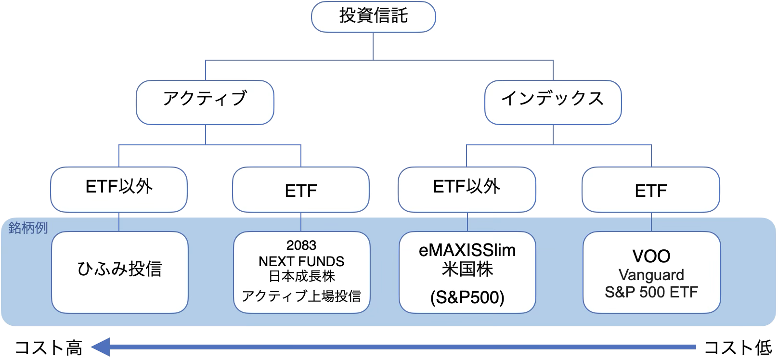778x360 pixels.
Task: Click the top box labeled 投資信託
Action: coord(374,17)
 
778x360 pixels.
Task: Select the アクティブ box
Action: coord(205,103)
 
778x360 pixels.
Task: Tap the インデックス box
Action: coord(553,103)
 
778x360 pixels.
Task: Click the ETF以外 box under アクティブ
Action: coord(119,190)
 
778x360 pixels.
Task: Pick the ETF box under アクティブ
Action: coord(301,190)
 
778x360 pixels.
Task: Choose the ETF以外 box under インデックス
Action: coord(467,190)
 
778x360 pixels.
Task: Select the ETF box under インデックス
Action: coord(651,190)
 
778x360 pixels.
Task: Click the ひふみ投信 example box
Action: coord(120,272)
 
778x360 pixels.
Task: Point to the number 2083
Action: coord(301,245)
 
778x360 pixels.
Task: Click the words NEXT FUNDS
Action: coord(301,261)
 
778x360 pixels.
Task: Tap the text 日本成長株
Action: coord(301,276)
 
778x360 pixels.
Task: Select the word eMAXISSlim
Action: coord(467,250)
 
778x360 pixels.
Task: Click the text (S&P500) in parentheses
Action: coord(467,297)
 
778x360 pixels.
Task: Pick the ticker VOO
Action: coord(651,256)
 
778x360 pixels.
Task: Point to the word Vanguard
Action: coord(651,275)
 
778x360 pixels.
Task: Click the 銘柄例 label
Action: coord(28,228)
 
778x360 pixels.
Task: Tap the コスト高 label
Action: coord(49,347)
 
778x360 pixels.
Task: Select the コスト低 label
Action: coord(738,347)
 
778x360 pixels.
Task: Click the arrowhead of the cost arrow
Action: coord(101,347)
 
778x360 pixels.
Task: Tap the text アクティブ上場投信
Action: coord(301,296)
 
